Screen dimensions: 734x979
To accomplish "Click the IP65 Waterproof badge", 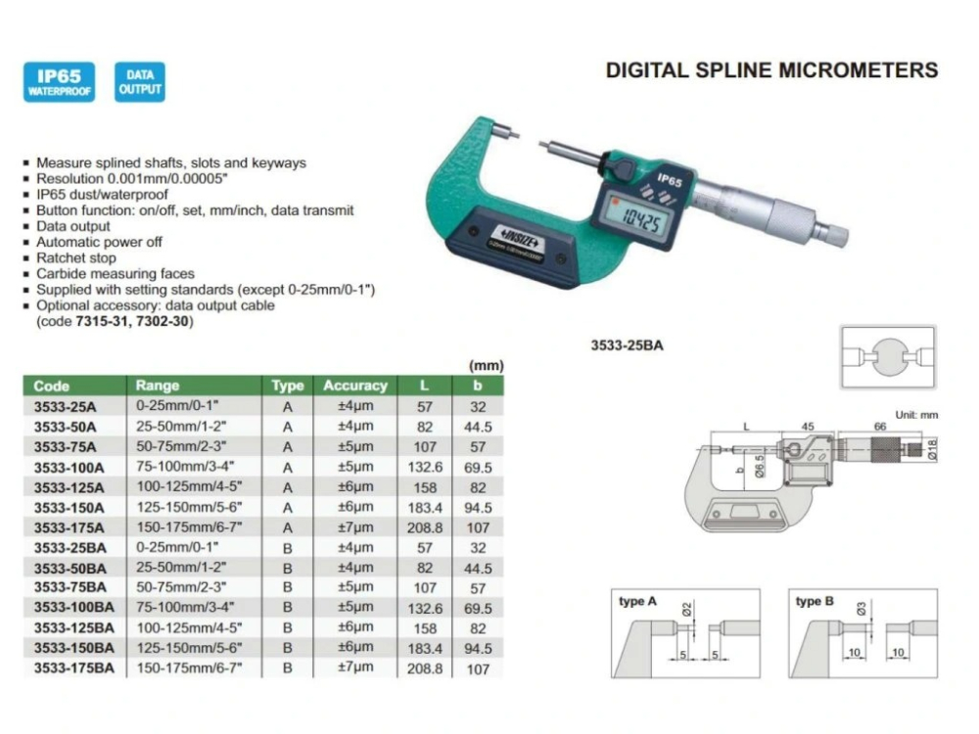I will pyautogui.click(x=59, y=82).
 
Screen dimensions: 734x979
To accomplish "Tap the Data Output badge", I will pyautogui.click(x=139, y=82).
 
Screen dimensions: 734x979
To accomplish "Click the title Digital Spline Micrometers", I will pyautogui.click(x=771, y=70).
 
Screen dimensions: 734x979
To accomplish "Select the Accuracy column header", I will pyautogui.click(x=355, y=386).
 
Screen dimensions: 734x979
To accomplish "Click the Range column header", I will pyautogui.click(x=157, y=386).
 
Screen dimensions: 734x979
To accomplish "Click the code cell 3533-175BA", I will pyautogui.click(x=73, y=668).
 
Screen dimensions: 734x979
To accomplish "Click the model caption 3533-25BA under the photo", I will pyautogui.click(x=627, y=344).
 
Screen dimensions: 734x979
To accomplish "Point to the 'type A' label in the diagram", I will pyautogui.click(x=637, y=602).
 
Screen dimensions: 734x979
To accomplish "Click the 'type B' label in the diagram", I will pyautogui.click(x=815, y=602).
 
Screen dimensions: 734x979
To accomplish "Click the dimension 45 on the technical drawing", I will pyautogui.click(x=808, y=427).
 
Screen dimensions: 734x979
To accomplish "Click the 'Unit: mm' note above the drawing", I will pyautogui.click(x=916, y=415).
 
